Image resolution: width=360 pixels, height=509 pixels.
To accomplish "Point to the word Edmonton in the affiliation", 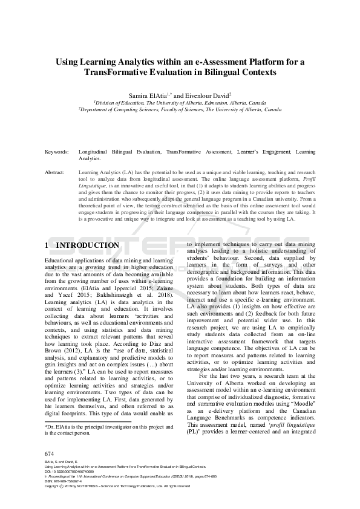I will click(216, 103).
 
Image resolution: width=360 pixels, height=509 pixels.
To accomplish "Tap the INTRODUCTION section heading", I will click(88, 245).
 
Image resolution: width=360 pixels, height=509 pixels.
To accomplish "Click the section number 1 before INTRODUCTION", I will click(47, 245).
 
